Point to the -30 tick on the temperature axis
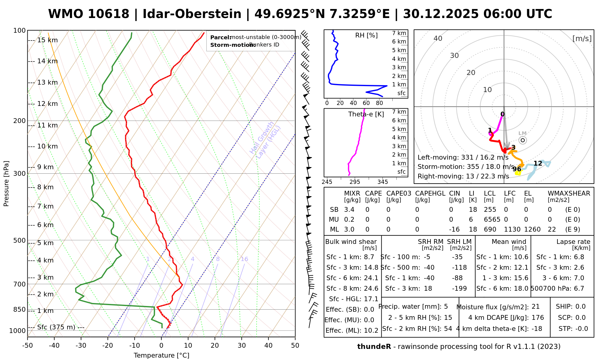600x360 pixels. [81, 346]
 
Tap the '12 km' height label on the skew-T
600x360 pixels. [47, 104]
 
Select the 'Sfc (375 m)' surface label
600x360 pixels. [56, 327]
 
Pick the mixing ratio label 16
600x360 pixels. [244, 259]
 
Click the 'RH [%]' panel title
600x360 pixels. [366, 35]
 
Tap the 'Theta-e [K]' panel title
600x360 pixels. [366, 114]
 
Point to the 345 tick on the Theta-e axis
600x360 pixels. [382, 182]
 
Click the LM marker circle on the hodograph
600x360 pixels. [523, 140]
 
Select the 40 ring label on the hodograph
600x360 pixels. [438, 38]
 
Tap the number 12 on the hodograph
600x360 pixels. [538, 163]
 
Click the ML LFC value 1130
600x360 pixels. [512, 229]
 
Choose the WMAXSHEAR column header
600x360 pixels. [569, 193]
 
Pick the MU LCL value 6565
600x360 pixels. [492, 220]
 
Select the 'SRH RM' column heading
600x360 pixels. [430, 242]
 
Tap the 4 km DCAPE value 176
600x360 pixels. [538, 318]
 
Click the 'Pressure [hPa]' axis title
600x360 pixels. [6, 184]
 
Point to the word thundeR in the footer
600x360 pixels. [374, 347]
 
